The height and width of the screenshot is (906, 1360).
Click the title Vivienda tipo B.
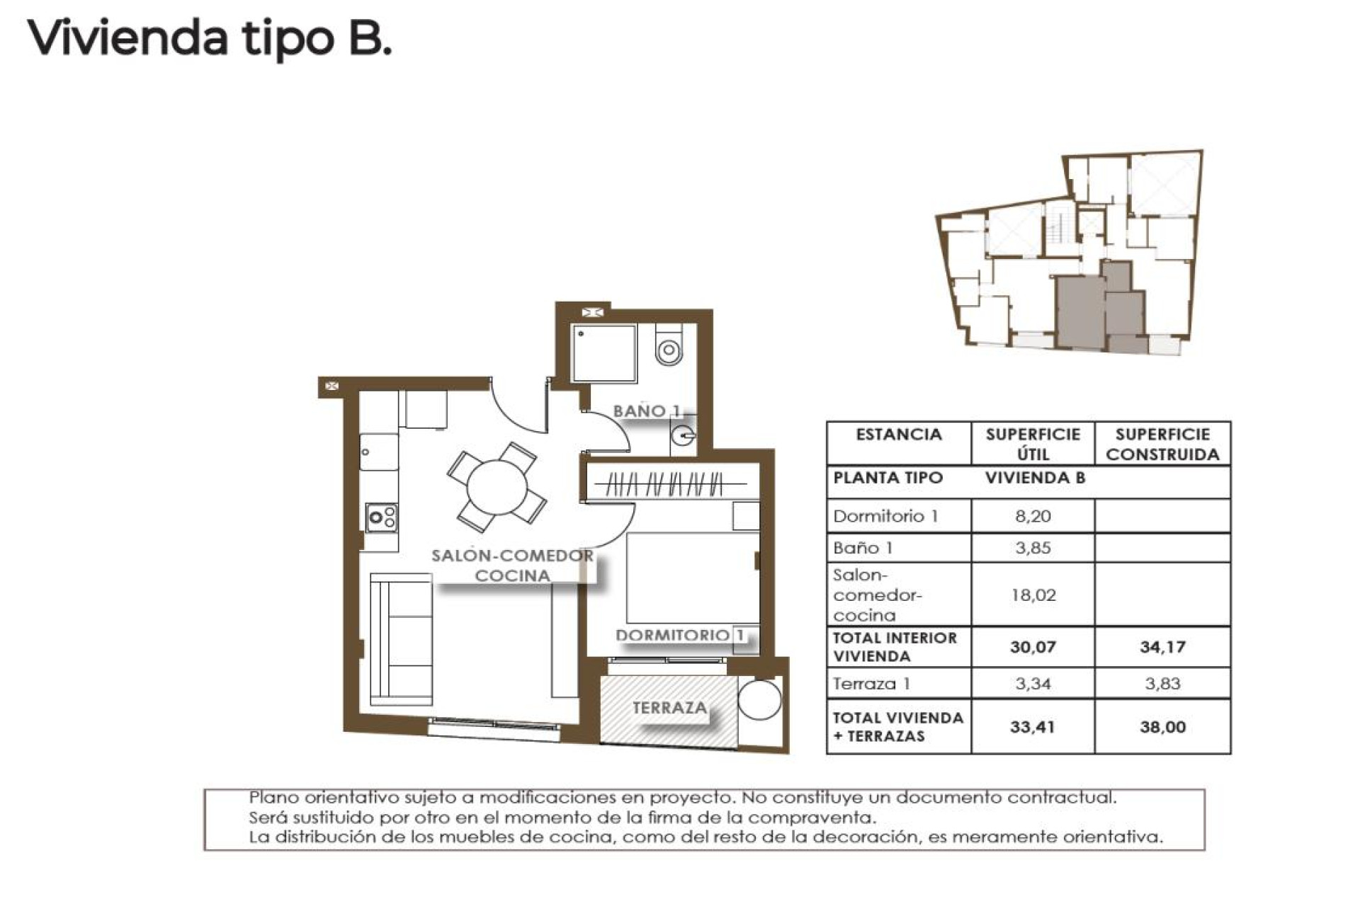click(210, 39)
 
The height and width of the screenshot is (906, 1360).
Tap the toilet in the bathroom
click(669, 345)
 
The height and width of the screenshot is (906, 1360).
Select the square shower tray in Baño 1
click(604, 354)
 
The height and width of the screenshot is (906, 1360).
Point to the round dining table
click(497, 487)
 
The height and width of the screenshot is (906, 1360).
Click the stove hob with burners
click(381, 517)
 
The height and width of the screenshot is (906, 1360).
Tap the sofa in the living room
click(402, 638)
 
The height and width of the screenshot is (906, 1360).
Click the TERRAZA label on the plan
click(669, 707)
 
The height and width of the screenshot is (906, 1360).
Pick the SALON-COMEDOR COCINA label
click(512, 566)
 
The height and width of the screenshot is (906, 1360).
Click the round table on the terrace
click(759, 699)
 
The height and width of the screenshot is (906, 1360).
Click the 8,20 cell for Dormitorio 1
click(1032, 516)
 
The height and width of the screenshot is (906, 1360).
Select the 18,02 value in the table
click(1032, 595)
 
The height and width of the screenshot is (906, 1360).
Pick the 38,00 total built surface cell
click(1162, 727)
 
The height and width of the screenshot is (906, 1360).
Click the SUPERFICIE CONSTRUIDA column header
click(1162, 444)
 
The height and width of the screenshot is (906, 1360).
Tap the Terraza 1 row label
click(871, 684)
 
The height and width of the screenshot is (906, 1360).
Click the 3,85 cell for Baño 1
click(1032, 548)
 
